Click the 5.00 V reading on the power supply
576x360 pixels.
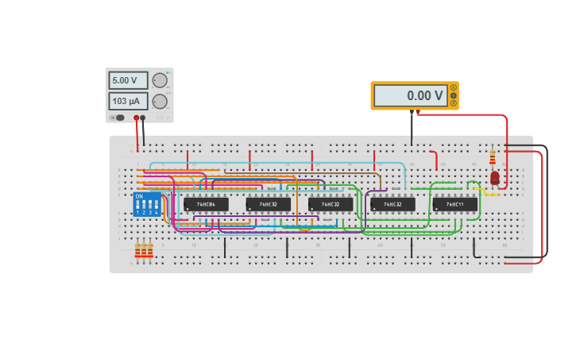point(128,80)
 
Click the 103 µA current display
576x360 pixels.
point(128,101)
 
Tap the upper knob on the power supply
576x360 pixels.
point(160,80)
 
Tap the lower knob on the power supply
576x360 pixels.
point(160,101)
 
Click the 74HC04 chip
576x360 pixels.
point(206,204)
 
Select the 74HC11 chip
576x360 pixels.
point(454,204)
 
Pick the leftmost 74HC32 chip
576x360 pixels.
point(268,204)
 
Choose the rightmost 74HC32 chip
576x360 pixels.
point(392,204)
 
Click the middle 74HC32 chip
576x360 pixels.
point(331,204)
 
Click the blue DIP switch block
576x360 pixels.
point(147,205)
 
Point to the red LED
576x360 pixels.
point(494,178)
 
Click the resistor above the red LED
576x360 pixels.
point(493,156)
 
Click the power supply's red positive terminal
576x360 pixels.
point(137,118)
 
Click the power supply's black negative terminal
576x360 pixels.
point(143,118)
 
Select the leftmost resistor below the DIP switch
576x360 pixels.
point(137,250)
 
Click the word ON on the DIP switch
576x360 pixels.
point(139,195)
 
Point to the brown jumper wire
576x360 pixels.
point(302,170)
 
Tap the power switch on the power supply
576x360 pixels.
point(118,118)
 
